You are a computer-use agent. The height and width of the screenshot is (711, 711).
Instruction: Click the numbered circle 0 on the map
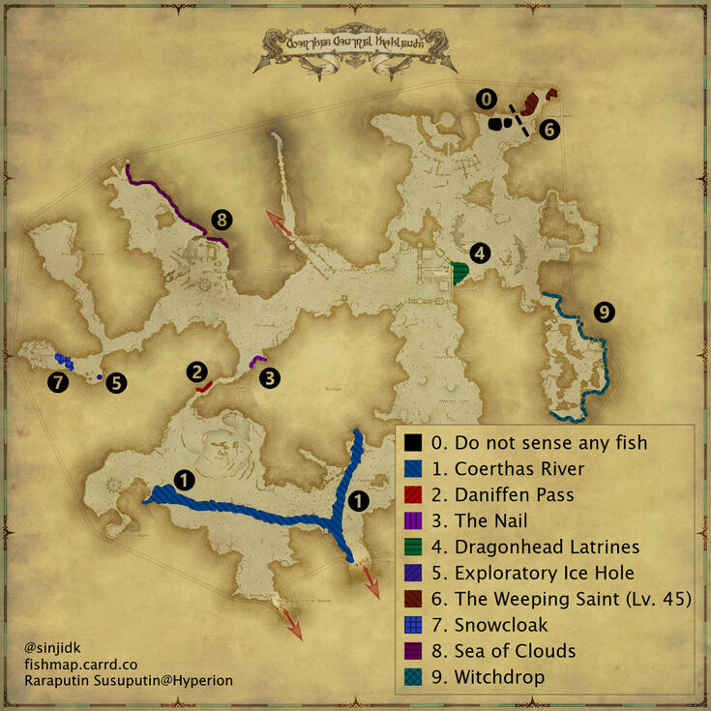487,99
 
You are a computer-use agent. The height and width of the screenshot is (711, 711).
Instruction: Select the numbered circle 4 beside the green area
480,253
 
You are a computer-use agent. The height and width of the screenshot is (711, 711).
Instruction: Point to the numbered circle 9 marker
604,311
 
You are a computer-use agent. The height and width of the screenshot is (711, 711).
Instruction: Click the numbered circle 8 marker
221,219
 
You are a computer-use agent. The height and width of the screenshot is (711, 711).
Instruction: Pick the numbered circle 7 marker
59,382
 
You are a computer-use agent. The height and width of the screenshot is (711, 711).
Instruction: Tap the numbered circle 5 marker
116,382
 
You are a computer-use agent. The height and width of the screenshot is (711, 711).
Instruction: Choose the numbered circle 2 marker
197,370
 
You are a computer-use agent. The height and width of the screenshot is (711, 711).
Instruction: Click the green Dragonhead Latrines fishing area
460,274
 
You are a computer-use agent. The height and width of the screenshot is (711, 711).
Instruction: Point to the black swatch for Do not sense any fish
413,443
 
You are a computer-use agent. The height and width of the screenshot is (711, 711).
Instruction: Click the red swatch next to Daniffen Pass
413,495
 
